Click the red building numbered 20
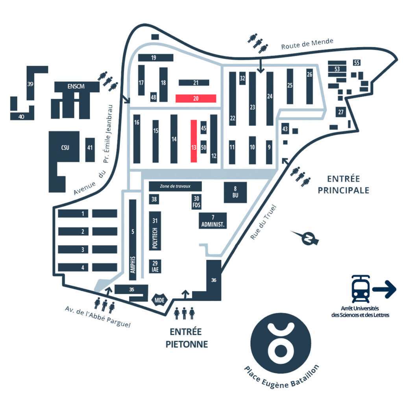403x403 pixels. point(196,98)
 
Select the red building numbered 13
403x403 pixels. point(194,141)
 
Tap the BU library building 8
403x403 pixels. point(235,192)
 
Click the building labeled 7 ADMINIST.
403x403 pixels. point(213,221)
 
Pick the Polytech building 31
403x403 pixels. point(155,231)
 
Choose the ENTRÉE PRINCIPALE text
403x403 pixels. point(344,184)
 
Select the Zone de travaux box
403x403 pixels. point(175,186)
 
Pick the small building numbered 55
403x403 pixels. point(357,63)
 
